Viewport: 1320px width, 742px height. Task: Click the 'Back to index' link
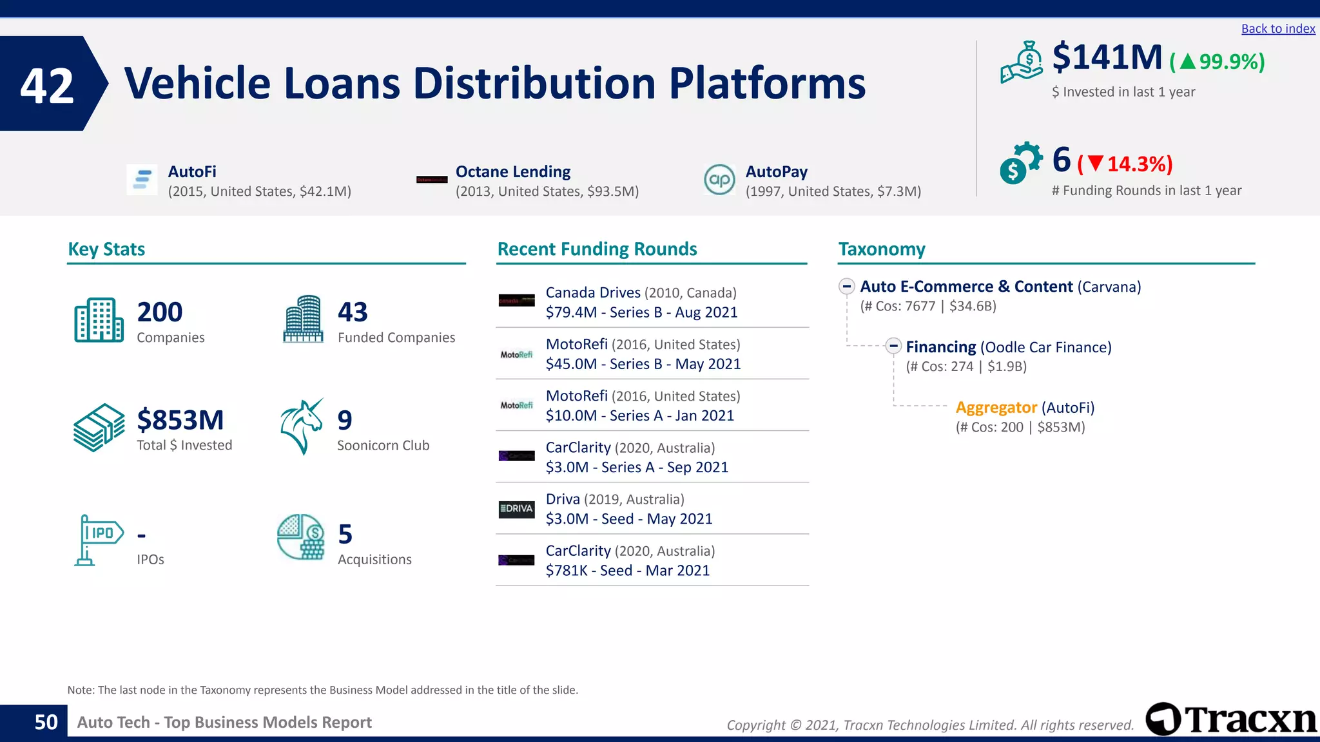tap(1277, 29)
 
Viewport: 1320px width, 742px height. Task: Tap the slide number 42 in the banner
tap(47, 86)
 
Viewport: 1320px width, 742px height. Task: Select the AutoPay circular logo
tap(719, 180)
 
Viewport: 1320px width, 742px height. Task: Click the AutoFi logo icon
tap(142, 180)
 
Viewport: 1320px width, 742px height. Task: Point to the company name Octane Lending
tap(513, 172)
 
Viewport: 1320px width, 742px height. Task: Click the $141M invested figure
tap(1107, 57)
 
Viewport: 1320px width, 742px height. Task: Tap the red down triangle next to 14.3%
tap(1096, 164)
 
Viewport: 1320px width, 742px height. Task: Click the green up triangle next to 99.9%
tap(1188, 62)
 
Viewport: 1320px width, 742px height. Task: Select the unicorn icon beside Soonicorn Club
tap(302, 426)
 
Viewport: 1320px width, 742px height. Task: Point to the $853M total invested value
tap(180, 420)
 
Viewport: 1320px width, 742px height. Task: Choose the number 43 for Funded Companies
tap(353, 312)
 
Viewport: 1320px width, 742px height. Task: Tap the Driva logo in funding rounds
tap(516, 509)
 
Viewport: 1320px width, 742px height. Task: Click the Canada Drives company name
tap(593, 292)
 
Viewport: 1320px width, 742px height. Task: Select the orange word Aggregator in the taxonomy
tap(996, 408)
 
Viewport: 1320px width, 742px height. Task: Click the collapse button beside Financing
tap(893, 346)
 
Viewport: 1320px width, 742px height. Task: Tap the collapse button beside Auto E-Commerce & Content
tap(847, 286)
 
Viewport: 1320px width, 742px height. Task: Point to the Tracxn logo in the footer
tap(1231, 719)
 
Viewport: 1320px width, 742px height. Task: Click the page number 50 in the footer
tap(46, 722)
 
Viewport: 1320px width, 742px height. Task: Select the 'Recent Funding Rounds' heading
tap(597, 249)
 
